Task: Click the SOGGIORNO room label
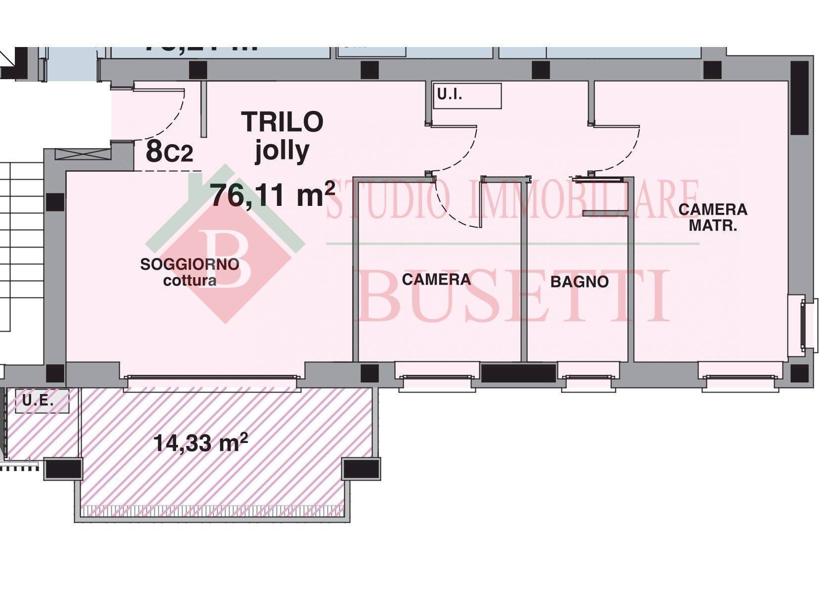[189, 265]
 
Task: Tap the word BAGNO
[579, 282]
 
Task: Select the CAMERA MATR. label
[713, 217]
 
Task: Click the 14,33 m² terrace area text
[200, 443]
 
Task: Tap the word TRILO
[282, 122]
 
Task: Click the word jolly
[282, 150]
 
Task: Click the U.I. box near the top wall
[466, 96]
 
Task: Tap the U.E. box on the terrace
[42, 400]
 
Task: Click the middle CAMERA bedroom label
[436, 280]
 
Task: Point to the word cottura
[190, 281]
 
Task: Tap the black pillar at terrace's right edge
[361, 468]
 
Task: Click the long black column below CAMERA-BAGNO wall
[518, 373]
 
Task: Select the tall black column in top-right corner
[799, 98]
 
